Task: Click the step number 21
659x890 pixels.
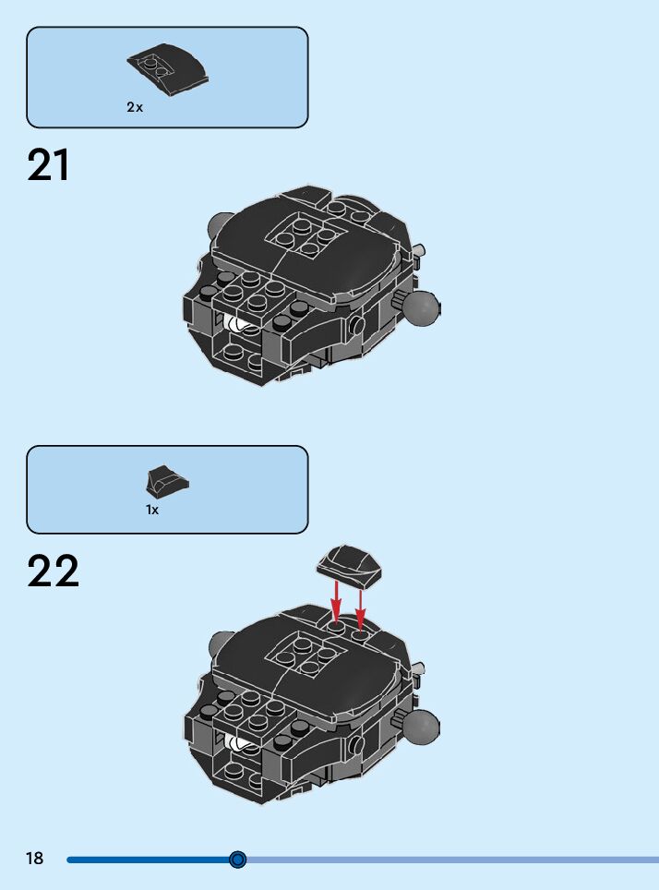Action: click(49, 166)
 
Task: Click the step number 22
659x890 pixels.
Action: click(54, 571)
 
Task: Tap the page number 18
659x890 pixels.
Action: click(35, 860)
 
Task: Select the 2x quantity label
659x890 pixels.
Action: click(135, 107)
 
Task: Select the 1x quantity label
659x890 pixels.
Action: click(152, 510)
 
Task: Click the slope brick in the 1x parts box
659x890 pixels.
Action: click(168, 481)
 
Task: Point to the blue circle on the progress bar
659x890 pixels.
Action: click(237, 860)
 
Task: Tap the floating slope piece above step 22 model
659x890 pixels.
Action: click(350, 564)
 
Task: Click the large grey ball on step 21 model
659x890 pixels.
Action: click(422, 308)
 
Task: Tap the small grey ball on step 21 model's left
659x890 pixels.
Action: click(219, 224)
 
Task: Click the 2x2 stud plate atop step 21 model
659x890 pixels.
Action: click(305, 231)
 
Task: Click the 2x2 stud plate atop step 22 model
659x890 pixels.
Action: click(306, 655)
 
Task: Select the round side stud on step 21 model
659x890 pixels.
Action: click(356, 324)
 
